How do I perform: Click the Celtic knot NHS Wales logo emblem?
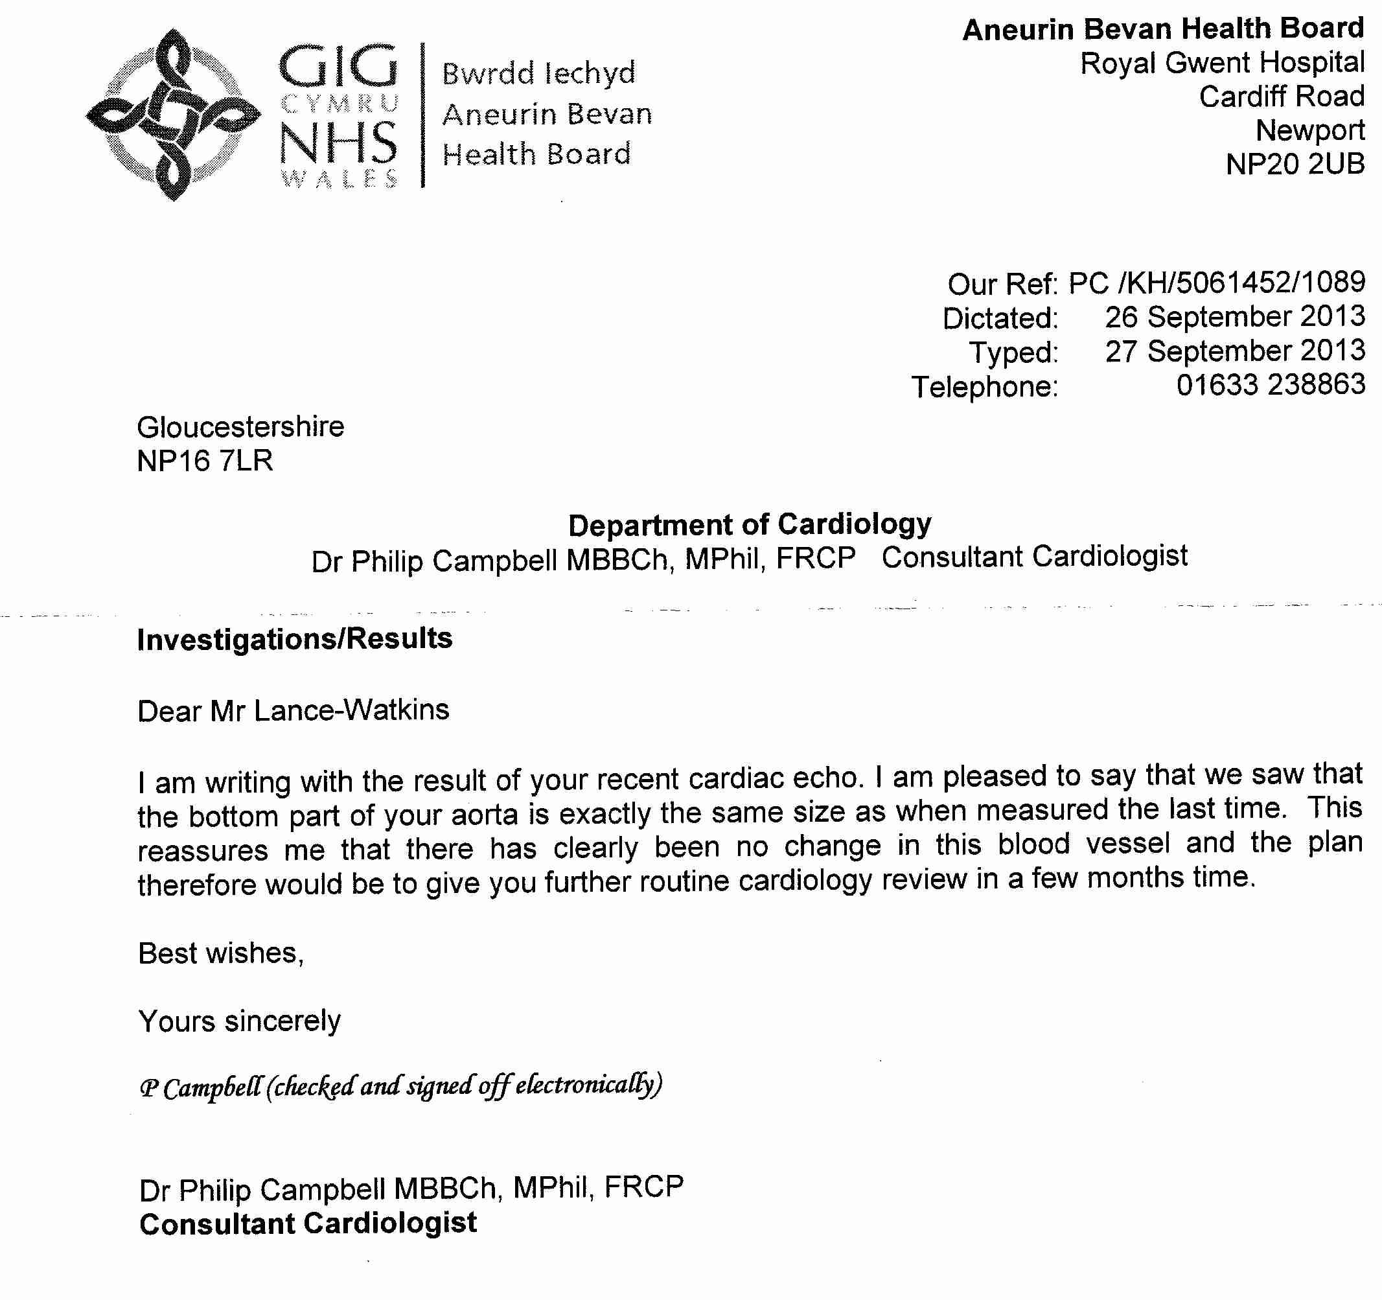(x=173, y=115)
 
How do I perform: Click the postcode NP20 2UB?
(x=1295, y=165)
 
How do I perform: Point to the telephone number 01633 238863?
(x=1270, y=385)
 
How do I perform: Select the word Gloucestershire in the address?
(x=240, y=427)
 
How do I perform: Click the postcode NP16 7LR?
(x=205, y=461)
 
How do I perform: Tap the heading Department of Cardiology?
(x=750, y=525)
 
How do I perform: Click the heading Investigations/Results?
(x=295, y=639)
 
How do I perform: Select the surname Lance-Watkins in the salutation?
(x=351, y=710)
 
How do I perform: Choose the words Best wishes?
(x=221, y=953)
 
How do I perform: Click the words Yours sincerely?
(x=240, y=1021)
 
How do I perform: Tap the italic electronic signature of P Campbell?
(x=401, y=1086)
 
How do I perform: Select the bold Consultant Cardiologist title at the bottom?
(x=308, y=1224)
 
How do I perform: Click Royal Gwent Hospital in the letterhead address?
(x=1222, y=64)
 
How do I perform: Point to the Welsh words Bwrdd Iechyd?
(x=539, y=73)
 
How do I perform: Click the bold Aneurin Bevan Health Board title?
(x=1163, y=29)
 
